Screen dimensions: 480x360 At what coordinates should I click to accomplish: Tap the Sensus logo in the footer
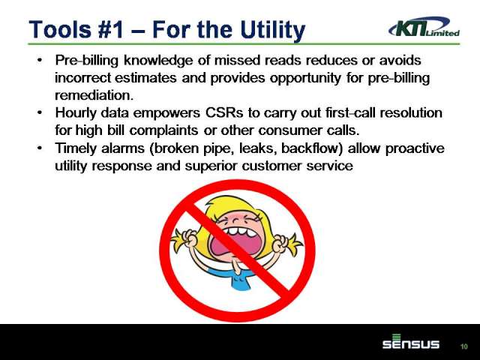click(411, 342)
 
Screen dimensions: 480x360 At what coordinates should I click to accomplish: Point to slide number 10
click(464, 346)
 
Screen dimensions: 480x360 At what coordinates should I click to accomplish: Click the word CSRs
click(224, 112)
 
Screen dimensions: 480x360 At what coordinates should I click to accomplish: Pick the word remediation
click(94, 95)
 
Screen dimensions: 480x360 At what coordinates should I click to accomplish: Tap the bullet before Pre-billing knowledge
click(40, 60)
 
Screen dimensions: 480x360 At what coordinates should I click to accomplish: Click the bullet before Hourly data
click(40, 112)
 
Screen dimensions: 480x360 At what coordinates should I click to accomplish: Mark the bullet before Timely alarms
click(40, 148)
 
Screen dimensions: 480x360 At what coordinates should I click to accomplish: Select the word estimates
click(145, 77)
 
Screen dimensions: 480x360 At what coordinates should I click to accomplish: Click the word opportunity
click(305, 78)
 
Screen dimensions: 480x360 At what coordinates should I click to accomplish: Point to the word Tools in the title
click(60, 30)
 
